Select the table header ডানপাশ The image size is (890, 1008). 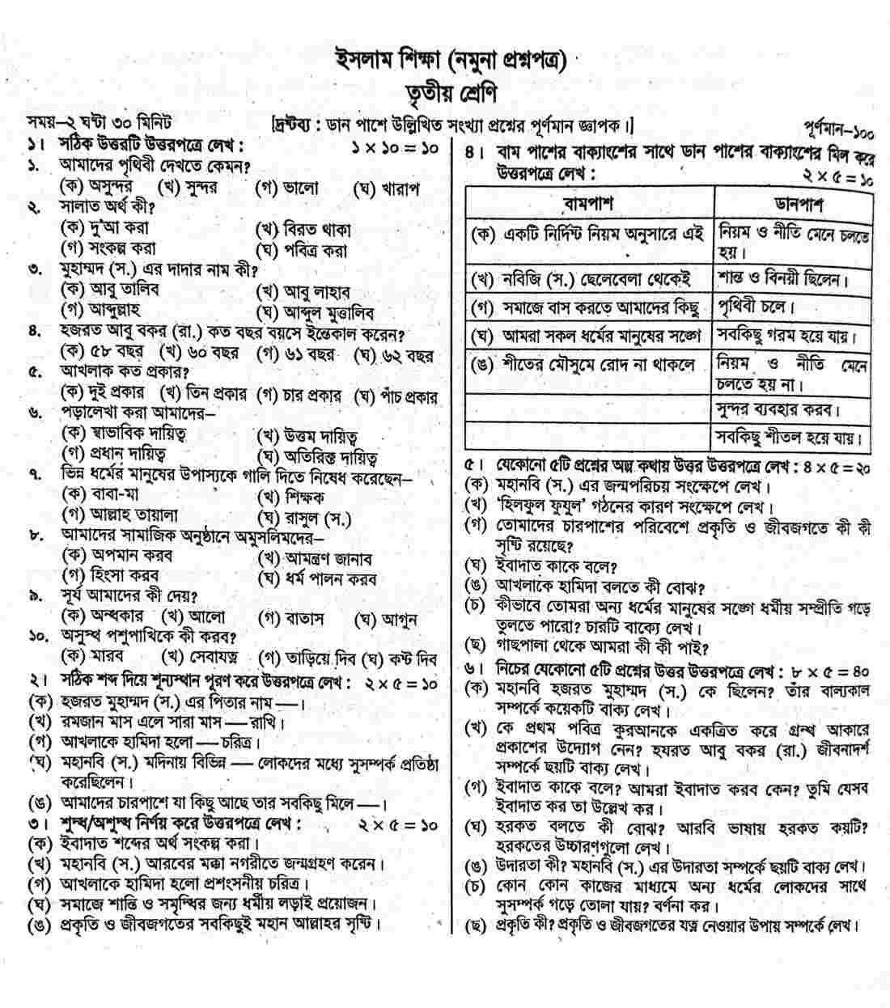[793, 202]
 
